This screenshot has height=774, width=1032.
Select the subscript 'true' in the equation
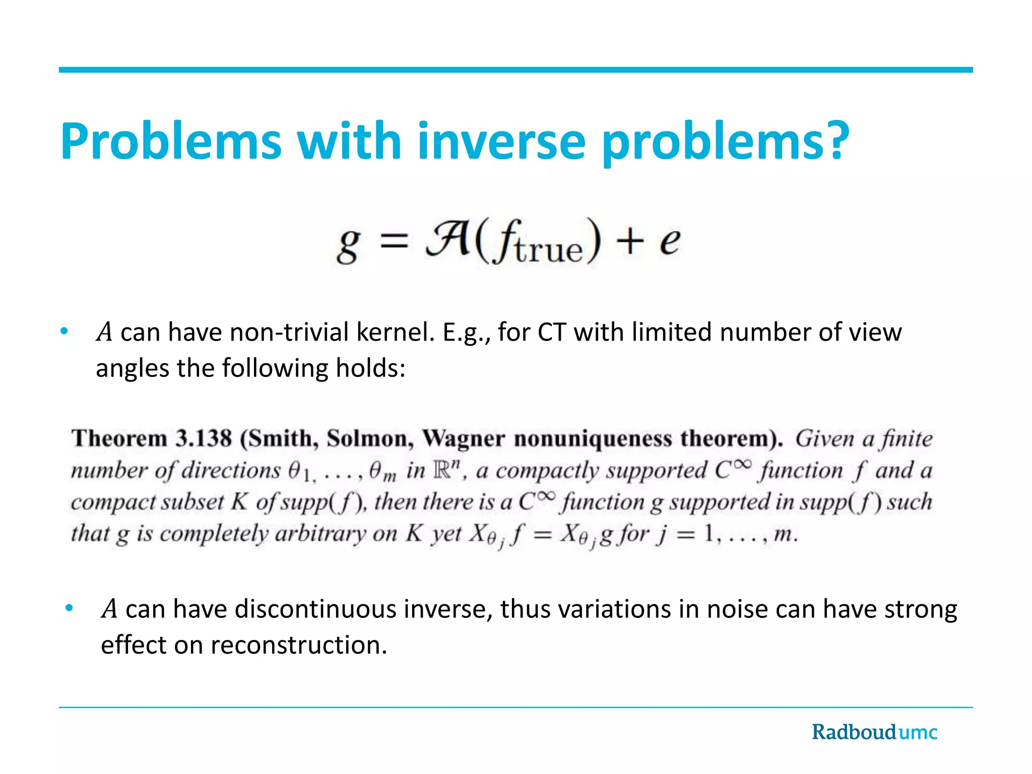pos(549,250)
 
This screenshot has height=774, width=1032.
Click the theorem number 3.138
pos(204,438)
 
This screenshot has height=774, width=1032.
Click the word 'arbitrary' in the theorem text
pos(320,533)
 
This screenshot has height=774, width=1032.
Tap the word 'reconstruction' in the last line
pos(299,645)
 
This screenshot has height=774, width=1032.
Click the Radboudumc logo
pos(874,732)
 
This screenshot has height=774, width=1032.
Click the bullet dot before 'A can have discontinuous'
pos(70,608)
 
